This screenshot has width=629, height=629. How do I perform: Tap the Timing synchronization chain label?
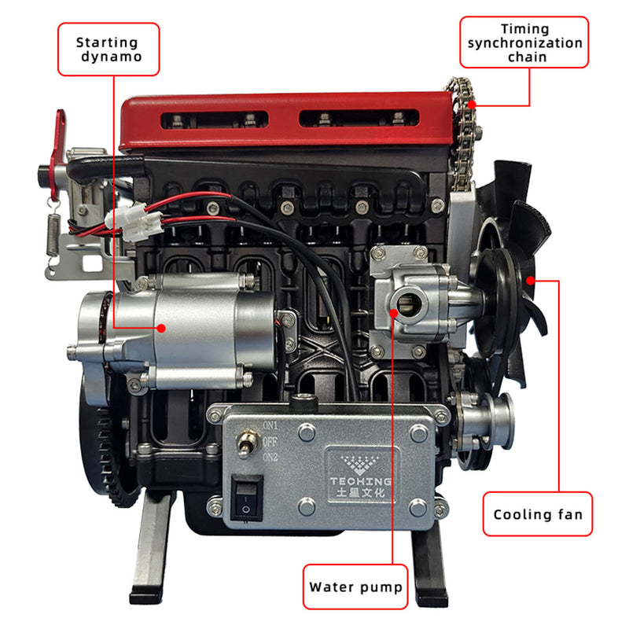pos(524,42)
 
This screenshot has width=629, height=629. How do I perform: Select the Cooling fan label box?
pos(538,514)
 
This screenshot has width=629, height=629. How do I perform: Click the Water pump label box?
pos(355,587)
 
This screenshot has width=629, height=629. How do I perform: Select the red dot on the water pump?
pos(394,313)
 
